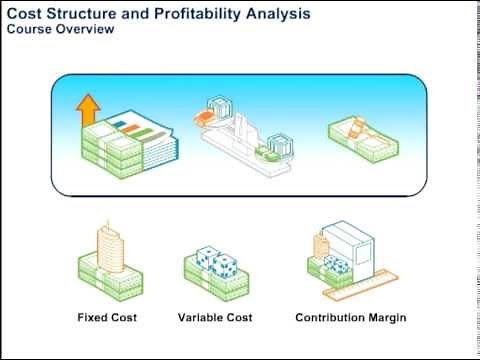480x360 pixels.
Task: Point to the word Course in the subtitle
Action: tap(29, 29)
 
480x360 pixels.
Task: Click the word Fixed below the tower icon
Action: tap(93, 318)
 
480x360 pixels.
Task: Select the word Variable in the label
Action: tap(199, 318)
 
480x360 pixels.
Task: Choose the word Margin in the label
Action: tap(386, 318)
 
